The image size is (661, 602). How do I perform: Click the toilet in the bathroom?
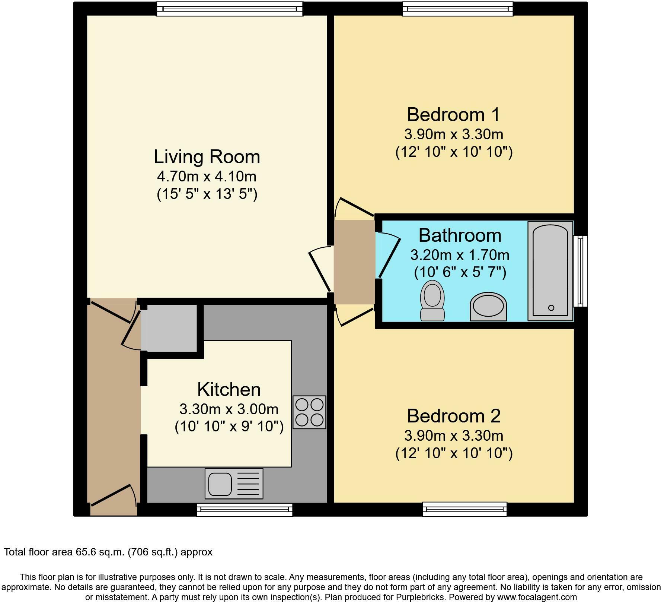click(432, 300)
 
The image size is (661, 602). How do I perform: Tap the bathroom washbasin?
click(488, 307)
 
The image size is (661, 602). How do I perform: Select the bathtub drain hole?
click(551, 308)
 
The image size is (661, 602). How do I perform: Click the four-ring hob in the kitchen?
click(309, 412)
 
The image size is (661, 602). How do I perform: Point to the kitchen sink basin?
click(220, 483)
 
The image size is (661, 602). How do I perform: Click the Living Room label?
click(207, 157)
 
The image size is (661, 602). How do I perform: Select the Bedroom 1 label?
click(453, 115)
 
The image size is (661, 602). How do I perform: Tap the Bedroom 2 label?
click(453, 416)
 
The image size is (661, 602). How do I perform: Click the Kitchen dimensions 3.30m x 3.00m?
click(229, 409)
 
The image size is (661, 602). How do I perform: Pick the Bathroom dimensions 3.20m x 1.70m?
click(460, 255)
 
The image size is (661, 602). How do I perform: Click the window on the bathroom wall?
click(580, 271)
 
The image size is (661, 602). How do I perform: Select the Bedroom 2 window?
click(464, 509)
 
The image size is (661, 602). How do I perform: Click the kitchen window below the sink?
click(244, 510)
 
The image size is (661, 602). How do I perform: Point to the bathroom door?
click(389, 255)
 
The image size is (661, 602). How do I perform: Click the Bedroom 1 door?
click(354, 208)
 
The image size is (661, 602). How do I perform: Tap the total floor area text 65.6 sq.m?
click(108, 552)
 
